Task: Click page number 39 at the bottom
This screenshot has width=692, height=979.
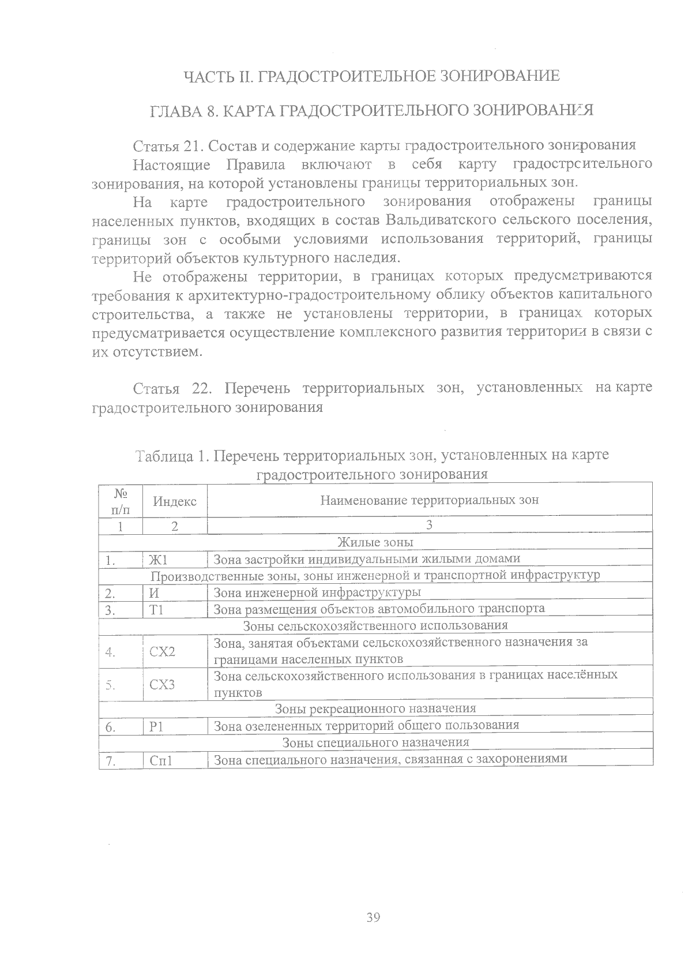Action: click(x=373, y=917)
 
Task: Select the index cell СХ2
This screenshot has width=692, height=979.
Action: click(x=162, y=652)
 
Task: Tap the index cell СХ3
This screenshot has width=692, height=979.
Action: click(x=162, y=685)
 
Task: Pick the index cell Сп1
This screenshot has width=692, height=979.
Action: click(x=161, y=760)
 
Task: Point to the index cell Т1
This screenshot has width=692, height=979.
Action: click(x=156, y=609)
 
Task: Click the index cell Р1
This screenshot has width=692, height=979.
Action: click(x=156, y=726)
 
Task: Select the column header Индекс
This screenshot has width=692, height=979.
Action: click(x=175, y=501)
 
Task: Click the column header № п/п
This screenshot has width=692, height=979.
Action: click(x=120, y=501)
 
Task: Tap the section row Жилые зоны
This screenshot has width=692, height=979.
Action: click(x=375, y=542)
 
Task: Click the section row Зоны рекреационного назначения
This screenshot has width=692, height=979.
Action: click(x=375, y=708)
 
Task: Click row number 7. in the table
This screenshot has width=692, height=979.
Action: click(x=111, y=761)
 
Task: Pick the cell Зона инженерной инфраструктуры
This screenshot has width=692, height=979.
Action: click(x=317, y=592)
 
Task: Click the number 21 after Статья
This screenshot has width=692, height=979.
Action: click(x=189, y=145)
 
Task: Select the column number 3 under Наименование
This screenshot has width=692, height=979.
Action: click(x=429, y=525)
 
